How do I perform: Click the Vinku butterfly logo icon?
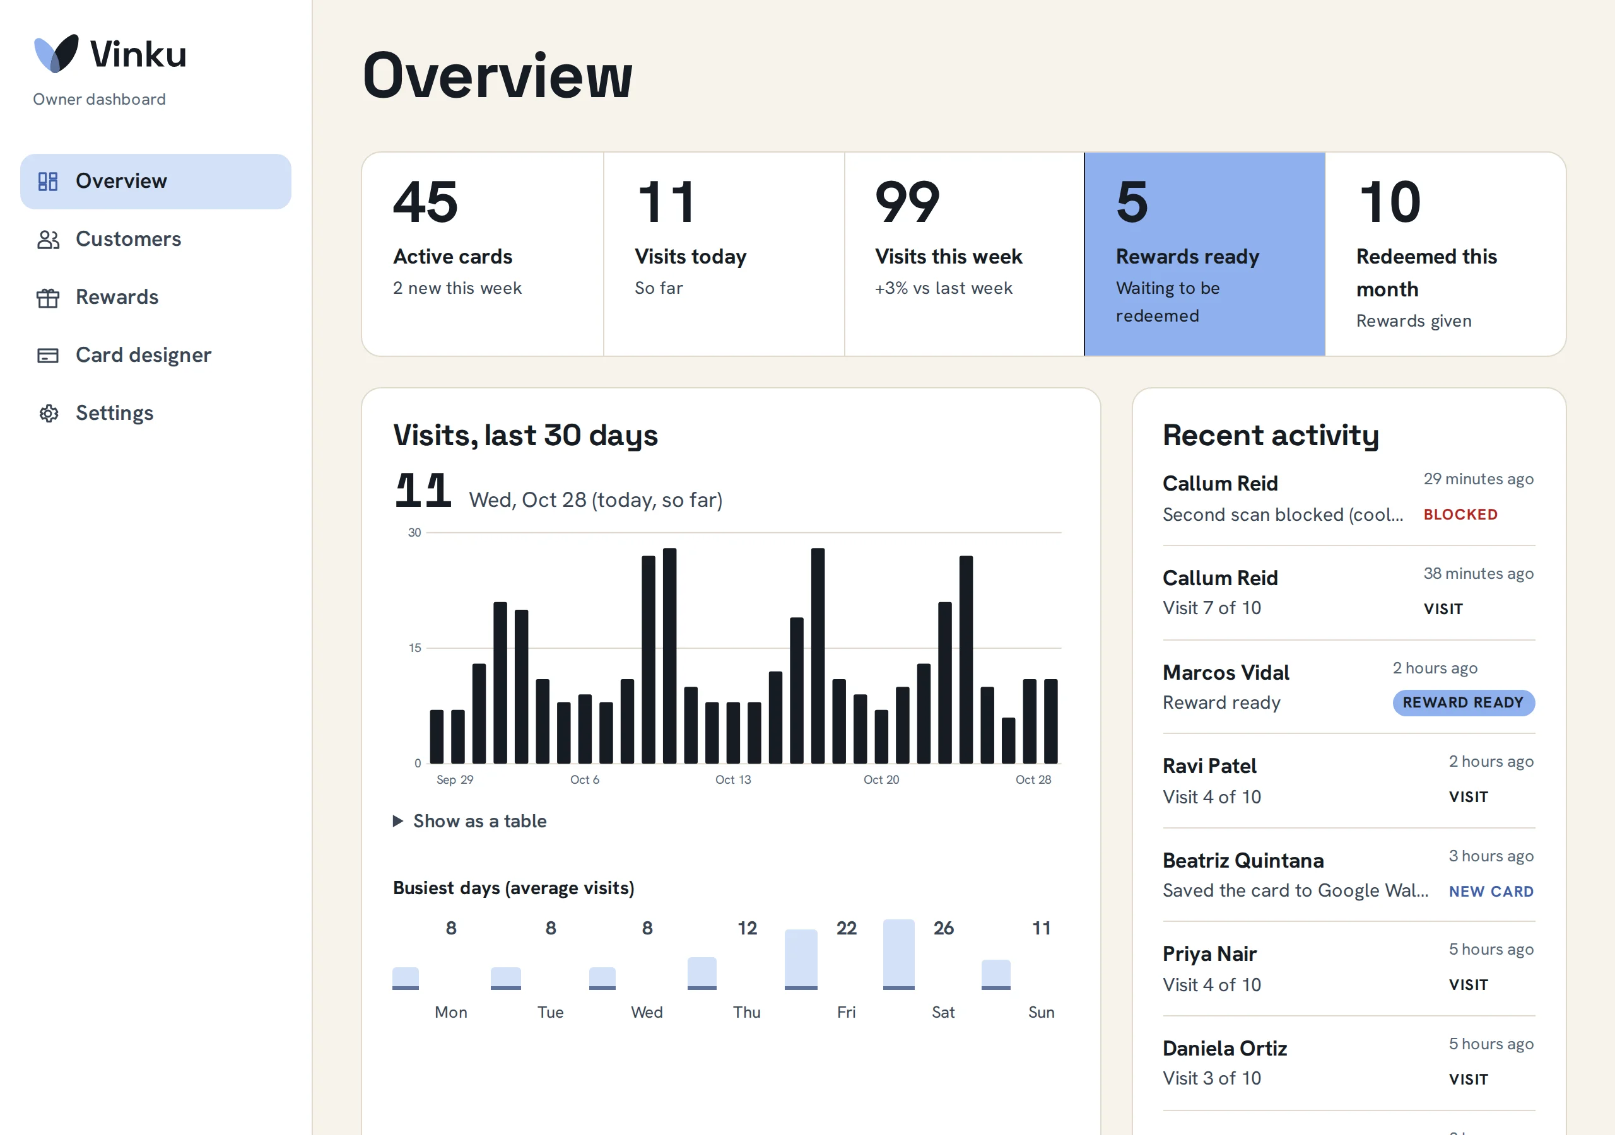click(x=56, y=54)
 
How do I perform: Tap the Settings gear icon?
click(x=48, y=414)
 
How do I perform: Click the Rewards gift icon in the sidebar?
click(x=48, y=298)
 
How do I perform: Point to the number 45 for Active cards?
click(x=426, y=202)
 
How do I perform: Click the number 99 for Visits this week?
click(x=907, y=202)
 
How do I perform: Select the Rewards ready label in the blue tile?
click(x=1187, y=257)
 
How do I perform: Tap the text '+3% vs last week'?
click(x=943, y=288)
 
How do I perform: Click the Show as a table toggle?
click(x=470, y=822)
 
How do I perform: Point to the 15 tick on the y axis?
click(x=415, y=648)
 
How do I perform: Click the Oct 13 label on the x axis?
click(x=733, y=780)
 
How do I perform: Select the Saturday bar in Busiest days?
click(x=899, y=954)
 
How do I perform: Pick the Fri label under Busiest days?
click(x=846, y=1013)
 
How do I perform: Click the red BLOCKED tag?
click(x=1460, y=515)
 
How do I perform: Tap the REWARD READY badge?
click(x=1463, y=702)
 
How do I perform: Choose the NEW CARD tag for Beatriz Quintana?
click(x=1491, y=892)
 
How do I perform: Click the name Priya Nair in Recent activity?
click(x=1209, y=954)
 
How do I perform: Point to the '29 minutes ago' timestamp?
click(x=1479, y=479)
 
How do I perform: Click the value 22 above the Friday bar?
click(x=846, y=928)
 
